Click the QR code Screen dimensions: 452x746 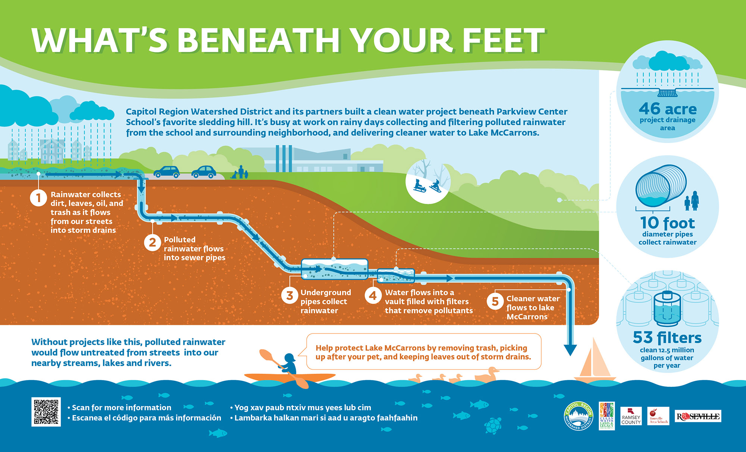[x=46, y=412]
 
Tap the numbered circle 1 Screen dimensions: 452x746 [x=38, y=198]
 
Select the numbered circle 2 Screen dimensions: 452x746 [x=152, y=243]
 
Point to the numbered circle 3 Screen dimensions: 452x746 [x=289, y=296]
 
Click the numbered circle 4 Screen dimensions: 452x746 [x=373, y=296]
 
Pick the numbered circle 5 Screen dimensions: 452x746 [x=495, y=301]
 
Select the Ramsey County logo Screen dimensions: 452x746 [x=631, y=416]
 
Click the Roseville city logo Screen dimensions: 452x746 [x=698, y=416]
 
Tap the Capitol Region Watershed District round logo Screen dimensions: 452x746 [x=578, y=416]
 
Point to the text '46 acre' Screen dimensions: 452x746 [x=667, y=109]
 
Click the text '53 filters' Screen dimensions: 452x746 [x=667, y=338]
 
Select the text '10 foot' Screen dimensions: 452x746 [x=667, y=223]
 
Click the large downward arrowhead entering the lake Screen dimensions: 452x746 [x=570, y=350]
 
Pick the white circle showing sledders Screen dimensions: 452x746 [x=428, y=182]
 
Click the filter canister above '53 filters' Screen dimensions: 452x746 [x=667, y=309]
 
